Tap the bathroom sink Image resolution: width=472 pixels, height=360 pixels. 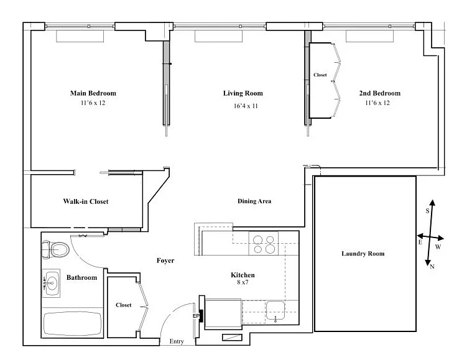[51, 283]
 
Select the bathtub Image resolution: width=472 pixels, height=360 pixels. [73, 323]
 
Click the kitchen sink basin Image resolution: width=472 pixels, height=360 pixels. [275, 311]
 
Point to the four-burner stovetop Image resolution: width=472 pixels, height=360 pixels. [264, 244]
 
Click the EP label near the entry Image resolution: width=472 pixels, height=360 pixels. [196, 316]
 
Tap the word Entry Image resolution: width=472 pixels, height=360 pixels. [177, 341]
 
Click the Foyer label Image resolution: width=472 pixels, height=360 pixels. [165, 261]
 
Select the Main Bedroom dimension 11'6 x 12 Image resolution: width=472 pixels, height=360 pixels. [93, 103]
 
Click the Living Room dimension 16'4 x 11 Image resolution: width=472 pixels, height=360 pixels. [246, 106]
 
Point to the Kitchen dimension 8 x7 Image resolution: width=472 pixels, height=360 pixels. [243, 282]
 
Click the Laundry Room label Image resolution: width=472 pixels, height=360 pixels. [363, 254]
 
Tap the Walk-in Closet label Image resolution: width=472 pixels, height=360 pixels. [86, 201]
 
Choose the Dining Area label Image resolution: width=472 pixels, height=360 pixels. [254, 201]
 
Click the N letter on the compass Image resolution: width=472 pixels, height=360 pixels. [432, 266]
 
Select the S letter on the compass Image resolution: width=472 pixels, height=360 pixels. [427, 211]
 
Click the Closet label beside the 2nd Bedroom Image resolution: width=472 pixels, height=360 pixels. [320, 75]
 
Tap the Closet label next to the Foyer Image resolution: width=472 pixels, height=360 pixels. [123, 305]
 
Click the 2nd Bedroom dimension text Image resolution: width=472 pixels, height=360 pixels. [377, 103]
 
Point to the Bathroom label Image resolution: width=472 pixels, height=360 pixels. [81, 277]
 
